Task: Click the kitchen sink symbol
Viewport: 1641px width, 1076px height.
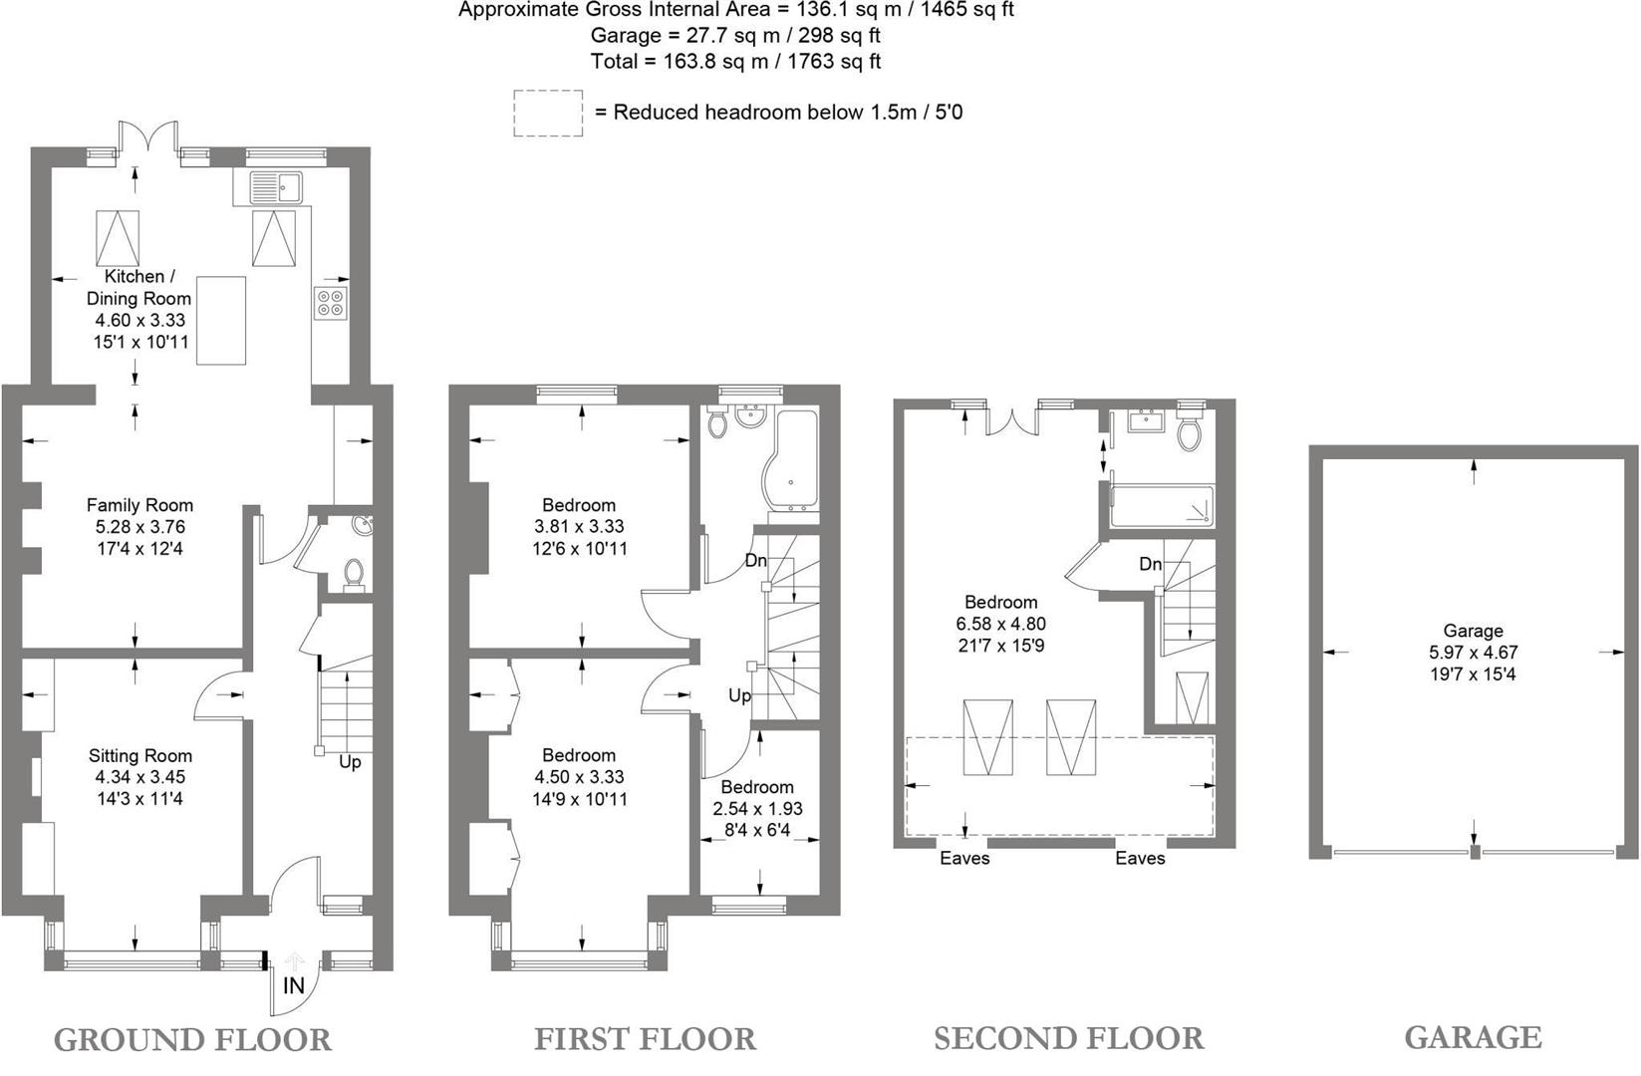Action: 276,186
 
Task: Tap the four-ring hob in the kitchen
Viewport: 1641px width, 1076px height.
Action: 331,302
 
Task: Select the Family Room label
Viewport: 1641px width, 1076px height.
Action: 139,505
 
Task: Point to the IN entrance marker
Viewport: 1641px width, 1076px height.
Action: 293,986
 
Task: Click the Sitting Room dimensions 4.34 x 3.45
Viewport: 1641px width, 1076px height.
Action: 139,777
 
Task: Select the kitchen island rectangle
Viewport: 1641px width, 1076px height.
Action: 220,321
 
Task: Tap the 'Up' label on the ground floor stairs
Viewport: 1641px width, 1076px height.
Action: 350,762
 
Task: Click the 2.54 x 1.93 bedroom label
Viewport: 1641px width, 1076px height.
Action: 757,808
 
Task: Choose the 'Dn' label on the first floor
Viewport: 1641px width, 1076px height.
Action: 755,561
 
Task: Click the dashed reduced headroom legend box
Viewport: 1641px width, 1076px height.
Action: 548,113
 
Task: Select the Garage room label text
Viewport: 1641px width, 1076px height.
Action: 1473,631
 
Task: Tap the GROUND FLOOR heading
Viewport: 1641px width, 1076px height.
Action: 192,1040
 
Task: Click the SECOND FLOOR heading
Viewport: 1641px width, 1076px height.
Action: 1068,1038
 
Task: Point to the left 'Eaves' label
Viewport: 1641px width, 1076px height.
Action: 964,858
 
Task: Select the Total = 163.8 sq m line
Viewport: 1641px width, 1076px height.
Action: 735,62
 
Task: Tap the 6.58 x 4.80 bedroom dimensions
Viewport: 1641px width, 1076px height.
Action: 1000,624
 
